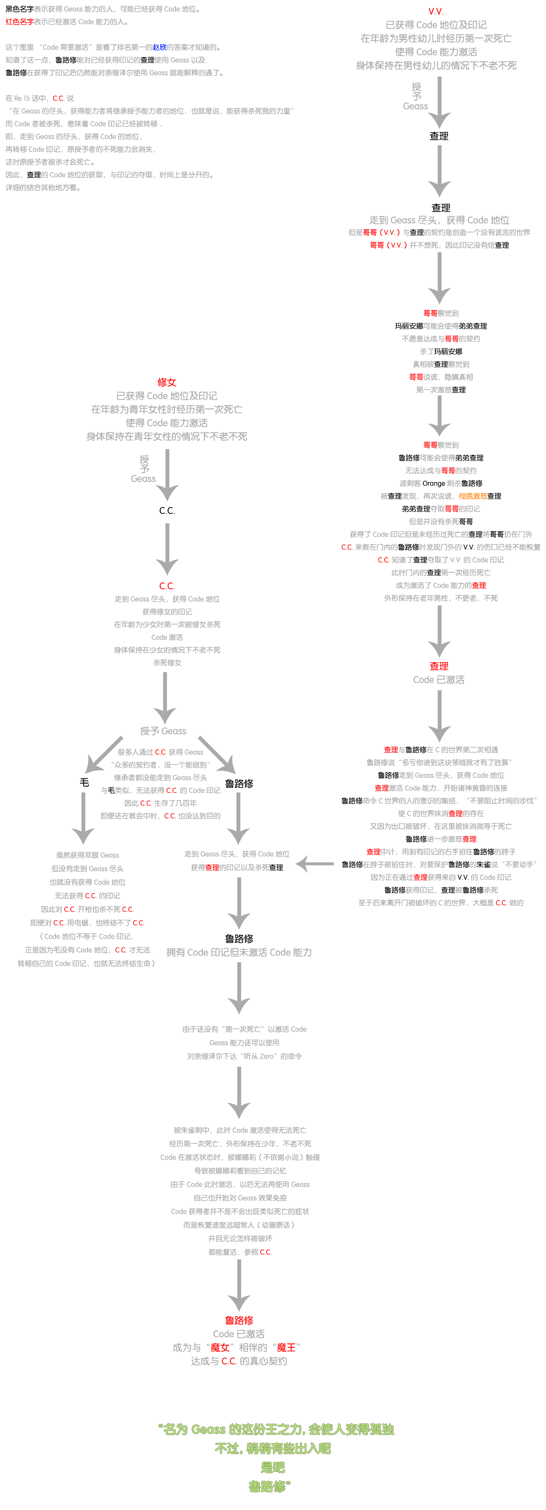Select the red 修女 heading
click(x=167, y=382)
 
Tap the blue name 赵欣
click(x=159, y=47)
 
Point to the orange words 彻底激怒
click(x=473, y=496)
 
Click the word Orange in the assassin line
click(x=434, y=483)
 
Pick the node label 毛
click(x=84, y=783)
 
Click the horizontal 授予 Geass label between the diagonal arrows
click(x=163, y=731)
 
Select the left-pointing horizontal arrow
click(x=315, y=864)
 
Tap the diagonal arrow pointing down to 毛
click(x=104, y=755)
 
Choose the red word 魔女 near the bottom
click(x=220, y=1348)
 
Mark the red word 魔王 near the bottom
click(x=286, y=1348)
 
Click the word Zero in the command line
click(x=267, y=1056)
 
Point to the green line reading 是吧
click(x=273, y=1467)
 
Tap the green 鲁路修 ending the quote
click(x=269, y=1487)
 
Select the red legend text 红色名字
click(x=19, y=22)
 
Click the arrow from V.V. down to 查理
click(x=439, y=103)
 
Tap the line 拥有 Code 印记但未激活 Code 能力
click(x=239, y=953)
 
